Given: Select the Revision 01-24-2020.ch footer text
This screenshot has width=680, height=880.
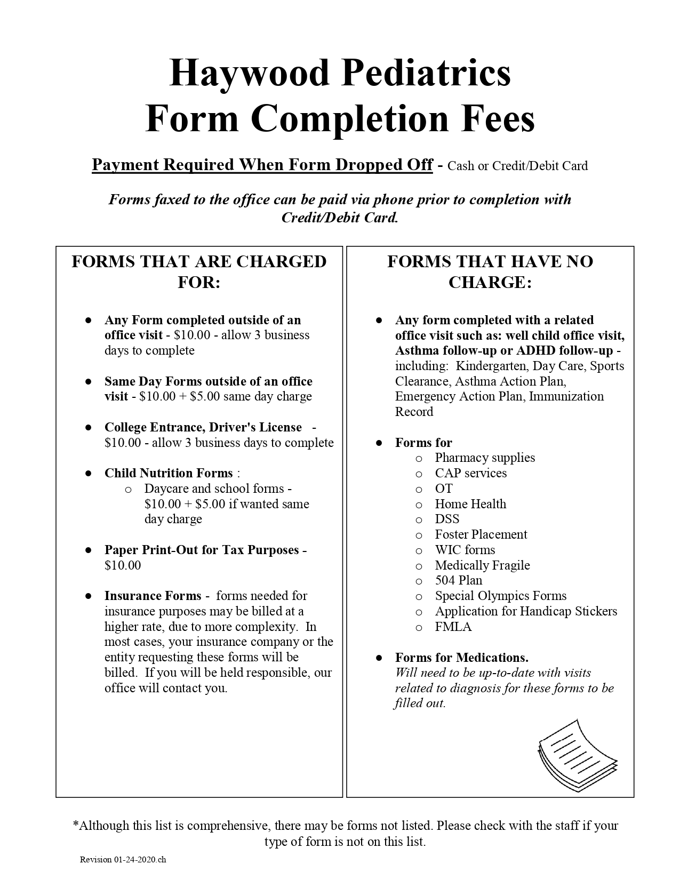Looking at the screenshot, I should pyautogui.click(x=123, y=859).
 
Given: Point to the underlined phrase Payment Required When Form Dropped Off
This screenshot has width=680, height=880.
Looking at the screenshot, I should pyautogui.click(x=262, y=165).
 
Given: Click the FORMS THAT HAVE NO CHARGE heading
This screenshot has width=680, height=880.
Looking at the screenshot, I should pyautogui.click(x=490, y=271).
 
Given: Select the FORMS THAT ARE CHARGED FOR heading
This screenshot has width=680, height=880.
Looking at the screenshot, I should pyautogui.click(x=199, y=271).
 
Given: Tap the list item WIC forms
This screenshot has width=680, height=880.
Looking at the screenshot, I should pyautogui.click(x=465, y=550).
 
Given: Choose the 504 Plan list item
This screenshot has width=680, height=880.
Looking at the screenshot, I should pyautogui.click(x=458, y=580).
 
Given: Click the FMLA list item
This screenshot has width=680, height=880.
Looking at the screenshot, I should pyautogui.click(x=453, y=627).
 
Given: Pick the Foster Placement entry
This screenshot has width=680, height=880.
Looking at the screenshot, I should pyautogui.click(x=481, y=534).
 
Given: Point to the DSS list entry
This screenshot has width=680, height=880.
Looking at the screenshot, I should pyautogui.click(x=447, y=519).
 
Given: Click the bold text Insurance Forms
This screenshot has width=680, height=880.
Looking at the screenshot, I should pyautogui.click(x=153, y=596).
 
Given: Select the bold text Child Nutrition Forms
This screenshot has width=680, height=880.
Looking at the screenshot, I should pyautogui.click(x=169, y=473).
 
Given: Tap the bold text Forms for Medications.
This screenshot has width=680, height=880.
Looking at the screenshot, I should pyautogui.click(x=462, y=658).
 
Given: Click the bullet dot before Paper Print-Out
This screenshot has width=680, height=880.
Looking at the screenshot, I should pyautogui.click(x=89, y=550).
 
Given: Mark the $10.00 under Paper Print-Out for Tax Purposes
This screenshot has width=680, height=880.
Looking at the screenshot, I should pyautogui.click(x=123, y=565).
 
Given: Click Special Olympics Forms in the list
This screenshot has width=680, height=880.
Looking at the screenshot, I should pyautogui.click(x=500, y=596).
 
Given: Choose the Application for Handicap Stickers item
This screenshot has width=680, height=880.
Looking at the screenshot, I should pyautogui.click(x=526, y=611).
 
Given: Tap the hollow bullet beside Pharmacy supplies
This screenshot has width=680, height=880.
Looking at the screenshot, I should pyautogui.click(x=419, y=458).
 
